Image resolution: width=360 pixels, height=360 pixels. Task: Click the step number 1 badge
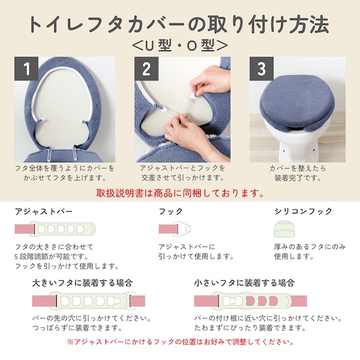pos(27,69)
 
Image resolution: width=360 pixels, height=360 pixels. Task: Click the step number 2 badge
pos(146,69)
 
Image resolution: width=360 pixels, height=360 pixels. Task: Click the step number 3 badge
pos(261,69)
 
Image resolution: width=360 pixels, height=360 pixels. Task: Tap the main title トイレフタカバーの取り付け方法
pos(179,23)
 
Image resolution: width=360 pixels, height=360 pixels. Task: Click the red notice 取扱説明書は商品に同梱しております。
pos(180,192)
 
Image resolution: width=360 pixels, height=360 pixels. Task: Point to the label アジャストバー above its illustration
pos(44,211)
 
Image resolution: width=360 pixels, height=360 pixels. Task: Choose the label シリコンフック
pos(303,211)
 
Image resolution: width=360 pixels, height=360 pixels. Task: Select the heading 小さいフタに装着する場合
pos(244,283)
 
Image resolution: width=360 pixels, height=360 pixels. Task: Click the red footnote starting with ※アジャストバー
pos(179,342)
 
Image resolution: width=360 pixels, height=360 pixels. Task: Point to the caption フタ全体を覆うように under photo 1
pos(64,169)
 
